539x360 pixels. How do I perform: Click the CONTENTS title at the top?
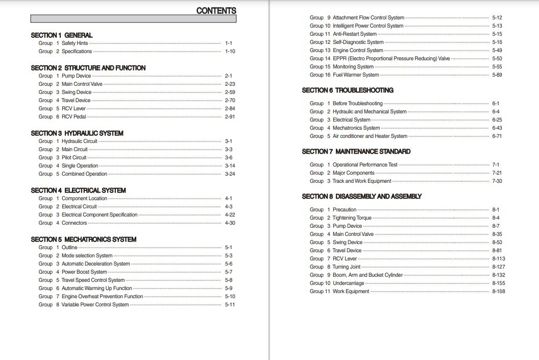coord(216,11)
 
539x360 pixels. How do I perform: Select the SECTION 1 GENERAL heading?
coord(62,35)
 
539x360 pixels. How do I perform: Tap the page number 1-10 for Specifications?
coord(230,52)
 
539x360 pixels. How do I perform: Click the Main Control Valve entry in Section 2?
coord(82,84)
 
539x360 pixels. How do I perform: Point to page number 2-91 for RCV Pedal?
coord(230,117)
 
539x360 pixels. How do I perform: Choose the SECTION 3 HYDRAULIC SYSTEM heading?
coord(77,133)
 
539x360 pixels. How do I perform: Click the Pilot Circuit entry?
coord(74,158)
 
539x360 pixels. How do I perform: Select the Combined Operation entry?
coord(84,174)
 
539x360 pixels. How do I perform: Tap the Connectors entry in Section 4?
coord(75,223)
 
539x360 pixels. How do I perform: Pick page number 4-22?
coord(230,215)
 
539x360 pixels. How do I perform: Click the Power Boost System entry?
coord(84,272)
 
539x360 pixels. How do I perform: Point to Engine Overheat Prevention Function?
coord(102,297)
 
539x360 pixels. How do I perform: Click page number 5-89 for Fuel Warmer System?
coord(497,75)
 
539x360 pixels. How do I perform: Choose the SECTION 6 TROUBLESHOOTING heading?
coord(348,90)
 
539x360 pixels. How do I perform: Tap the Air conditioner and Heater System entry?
coord(370,136)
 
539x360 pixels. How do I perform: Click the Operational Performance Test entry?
coord(365,165)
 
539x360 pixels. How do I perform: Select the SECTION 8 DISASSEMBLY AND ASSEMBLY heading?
coord(362,197)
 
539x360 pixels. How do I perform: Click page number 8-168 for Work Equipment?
coord(498,292)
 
